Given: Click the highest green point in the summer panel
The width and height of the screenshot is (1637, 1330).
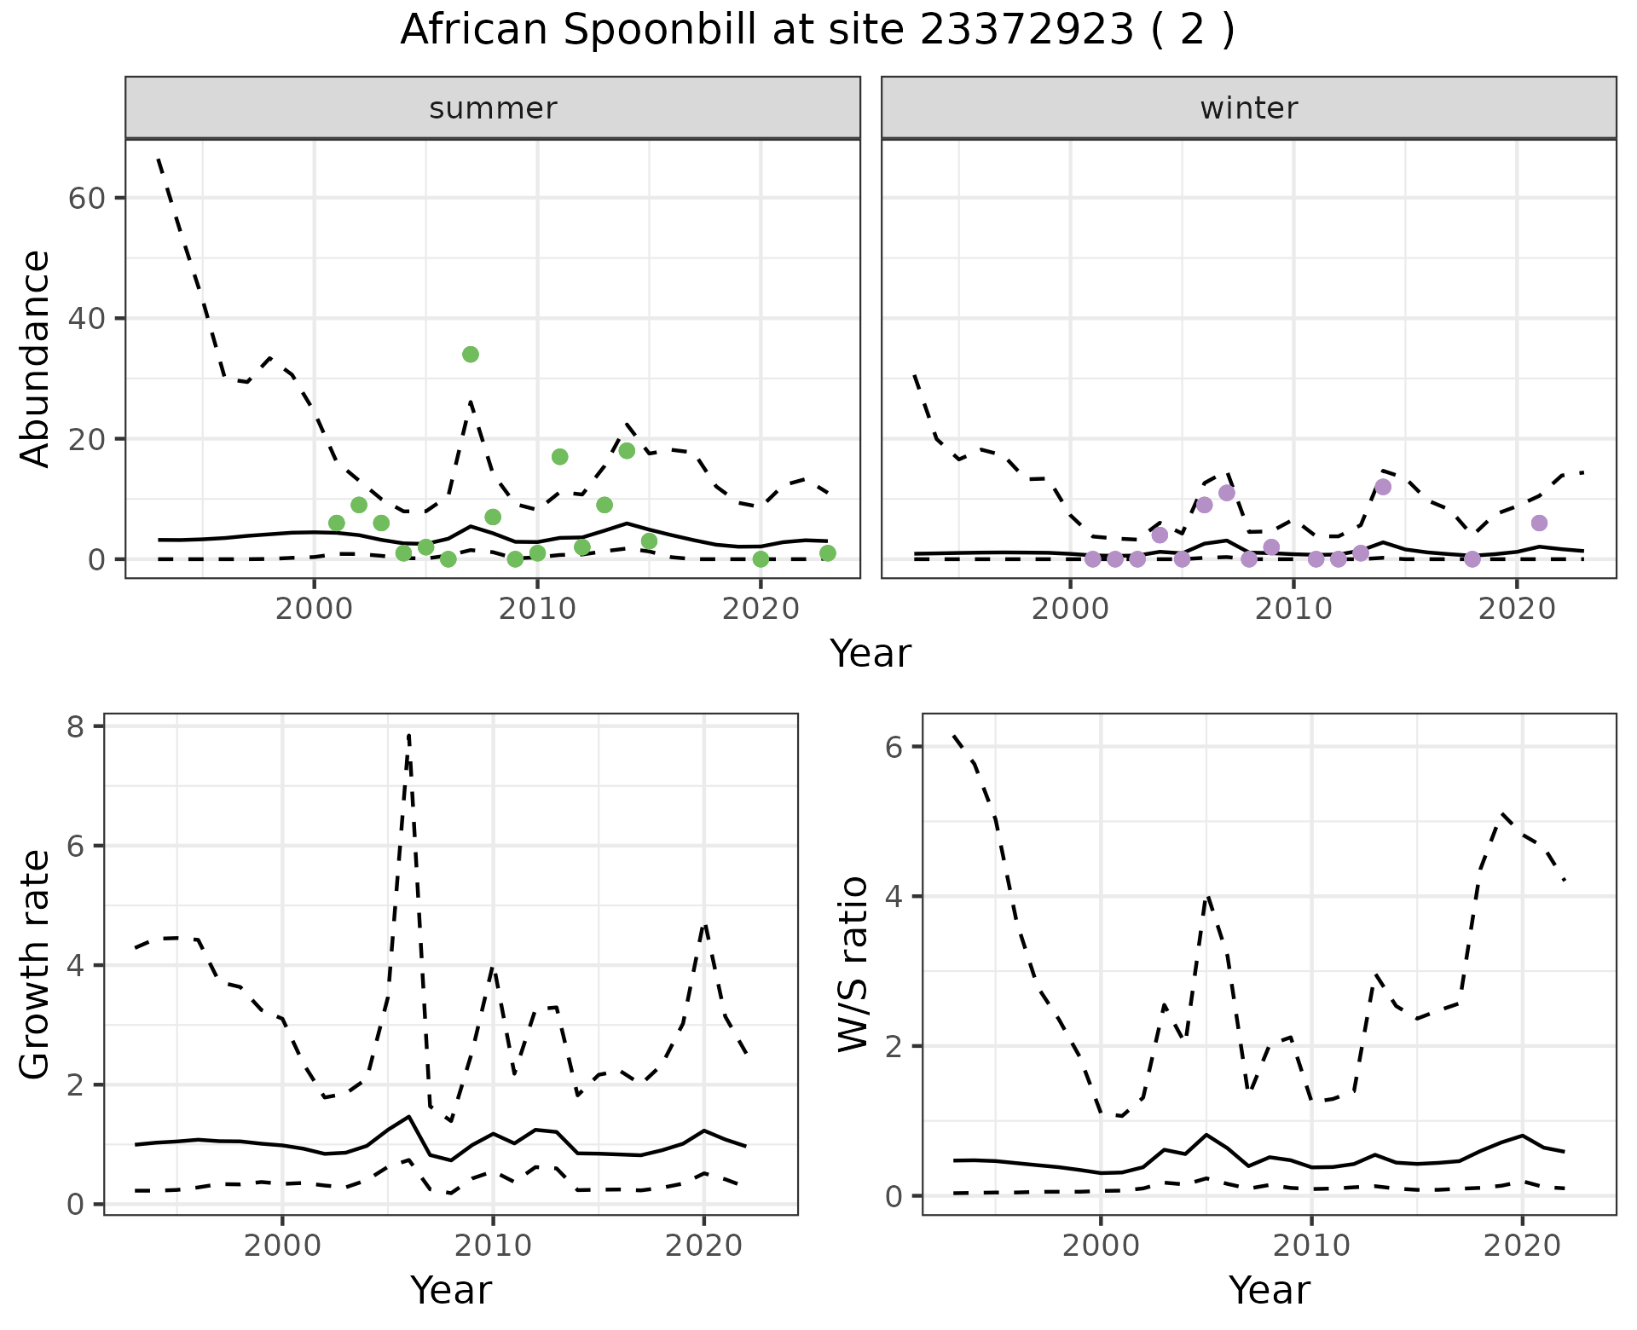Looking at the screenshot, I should pos(470,354).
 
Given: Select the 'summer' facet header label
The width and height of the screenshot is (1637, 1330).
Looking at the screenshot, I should pos(493,108).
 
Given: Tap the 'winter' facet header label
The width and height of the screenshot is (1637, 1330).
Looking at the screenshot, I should pos(1248,108).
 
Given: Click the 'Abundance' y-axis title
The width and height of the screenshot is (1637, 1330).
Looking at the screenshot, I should pos(35,359).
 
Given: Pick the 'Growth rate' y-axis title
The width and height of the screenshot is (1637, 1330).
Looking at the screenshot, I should pos(35,964).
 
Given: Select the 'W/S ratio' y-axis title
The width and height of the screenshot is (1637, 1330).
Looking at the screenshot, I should pos(853,964).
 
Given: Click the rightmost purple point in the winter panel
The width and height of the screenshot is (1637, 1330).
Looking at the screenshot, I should pos(1538,523).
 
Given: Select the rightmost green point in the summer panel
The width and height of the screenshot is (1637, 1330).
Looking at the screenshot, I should pos(827,553).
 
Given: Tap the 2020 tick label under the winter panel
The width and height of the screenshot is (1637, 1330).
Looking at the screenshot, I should pos(1516,609).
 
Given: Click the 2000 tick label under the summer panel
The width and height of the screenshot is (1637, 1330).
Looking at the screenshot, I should pos(314,609).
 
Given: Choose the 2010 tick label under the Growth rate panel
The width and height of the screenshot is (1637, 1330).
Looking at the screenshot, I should pos(492,1245).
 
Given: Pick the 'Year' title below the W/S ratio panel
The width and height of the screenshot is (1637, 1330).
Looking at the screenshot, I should pos(1269,1290).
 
